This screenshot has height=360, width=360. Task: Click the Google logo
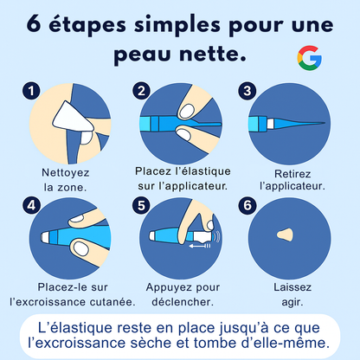pos(308,59)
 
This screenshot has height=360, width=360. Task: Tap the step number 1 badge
pos(32,90)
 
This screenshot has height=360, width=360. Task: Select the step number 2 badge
pos(141,90)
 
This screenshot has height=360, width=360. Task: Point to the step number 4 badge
pos(32,207)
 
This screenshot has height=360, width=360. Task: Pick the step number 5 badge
pos(141,207)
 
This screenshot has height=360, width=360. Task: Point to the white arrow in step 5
pos(198,244)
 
